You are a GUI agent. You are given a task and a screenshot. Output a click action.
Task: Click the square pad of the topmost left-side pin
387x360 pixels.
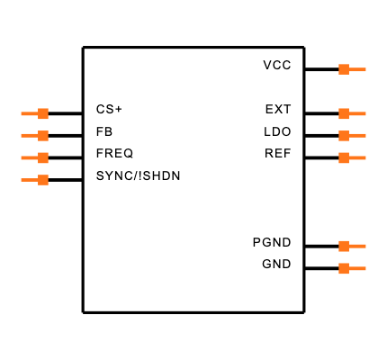point(43,113)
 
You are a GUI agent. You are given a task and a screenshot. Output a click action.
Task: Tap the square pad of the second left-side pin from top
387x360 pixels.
point(43,136)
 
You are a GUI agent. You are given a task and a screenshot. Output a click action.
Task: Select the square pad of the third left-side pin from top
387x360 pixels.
point(43,157)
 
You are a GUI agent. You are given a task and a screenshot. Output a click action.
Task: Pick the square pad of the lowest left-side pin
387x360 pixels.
point(43,180)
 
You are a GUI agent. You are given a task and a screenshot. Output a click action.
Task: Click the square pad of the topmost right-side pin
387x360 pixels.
point(344,69)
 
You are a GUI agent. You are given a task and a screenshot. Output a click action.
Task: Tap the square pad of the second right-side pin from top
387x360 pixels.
point(344,113)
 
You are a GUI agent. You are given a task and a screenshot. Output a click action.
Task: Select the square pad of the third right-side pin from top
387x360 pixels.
point(344,136)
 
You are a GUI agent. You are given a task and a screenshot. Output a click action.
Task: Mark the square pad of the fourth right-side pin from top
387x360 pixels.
point(344,157)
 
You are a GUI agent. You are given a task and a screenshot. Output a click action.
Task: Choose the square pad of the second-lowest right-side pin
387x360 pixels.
point(344,246)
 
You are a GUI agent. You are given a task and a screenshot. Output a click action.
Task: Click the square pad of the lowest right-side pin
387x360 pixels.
point(344,268)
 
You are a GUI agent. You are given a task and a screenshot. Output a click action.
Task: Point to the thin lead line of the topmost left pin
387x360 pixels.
point(29,113)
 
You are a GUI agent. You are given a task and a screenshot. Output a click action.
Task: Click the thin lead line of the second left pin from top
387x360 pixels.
point(29,136)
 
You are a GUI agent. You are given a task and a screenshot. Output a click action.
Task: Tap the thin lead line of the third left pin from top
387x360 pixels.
point(29,157)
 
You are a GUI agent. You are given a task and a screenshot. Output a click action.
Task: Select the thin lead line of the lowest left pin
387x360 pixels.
point(29,180)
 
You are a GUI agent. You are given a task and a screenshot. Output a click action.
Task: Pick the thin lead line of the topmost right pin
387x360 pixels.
point(358,69)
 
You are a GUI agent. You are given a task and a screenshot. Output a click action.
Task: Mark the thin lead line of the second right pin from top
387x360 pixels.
point(358,113)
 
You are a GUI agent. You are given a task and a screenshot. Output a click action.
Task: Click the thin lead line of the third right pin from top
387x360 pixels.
point(358,136)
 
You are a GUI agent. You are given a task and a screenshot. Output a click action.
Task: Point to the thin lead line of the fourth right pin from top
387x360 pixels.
point(358,157)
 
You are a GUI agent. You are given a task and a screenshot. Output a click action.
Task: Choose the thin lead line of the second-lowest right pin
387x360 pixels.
point(358,246)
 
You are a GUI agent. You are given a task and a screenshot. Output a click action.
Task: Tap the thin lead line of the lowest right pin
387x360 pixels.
point(358,268)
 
